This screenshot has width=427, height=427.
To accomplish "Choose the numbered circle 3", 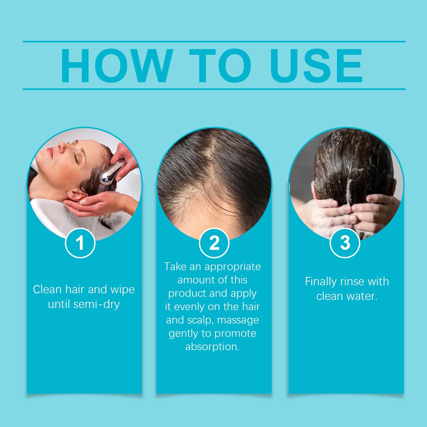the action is click(345, 243).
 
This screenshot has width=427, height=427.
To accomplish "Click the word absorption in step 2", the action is click(212, 347).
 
